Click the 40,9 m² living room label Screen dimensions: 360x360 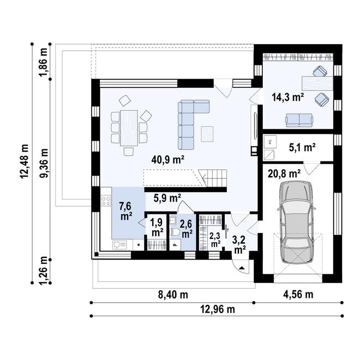coord(168,160)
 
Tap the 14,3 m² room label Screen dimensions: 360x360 coord(288,97)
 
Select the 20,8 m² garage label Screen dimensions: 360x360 coord(284,174)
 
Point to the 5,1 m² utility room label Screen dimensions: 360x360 coord(302,147)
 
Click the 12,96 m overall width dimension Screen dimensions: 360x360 coord(218,309)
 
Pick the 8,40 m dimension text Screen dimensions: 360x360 coord(173,295)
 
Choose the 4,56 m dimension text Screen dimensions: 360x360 coord(298,295)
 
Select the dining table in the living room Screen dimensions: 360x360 coord(129,128)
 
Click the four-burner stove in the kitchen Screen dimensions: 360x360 coord(106,201)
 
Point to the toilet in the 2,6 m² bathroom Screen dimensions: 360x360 coord(175,232)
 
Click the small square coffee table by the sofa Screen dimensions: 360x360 coord(207,134)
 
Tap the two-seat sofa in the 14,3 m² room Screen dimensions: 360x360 coord(299,120)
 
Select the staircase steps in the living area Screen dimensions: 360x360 coord(213,178)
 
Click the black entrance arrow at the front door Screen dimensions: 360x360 coord(242,268)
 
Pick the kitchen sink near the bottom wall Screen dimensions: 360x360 coord(119,245)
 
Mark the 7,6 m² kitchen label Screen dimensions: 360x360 coord(125,211)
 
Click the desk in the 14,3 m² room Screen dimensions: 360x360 coord(317,83)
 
